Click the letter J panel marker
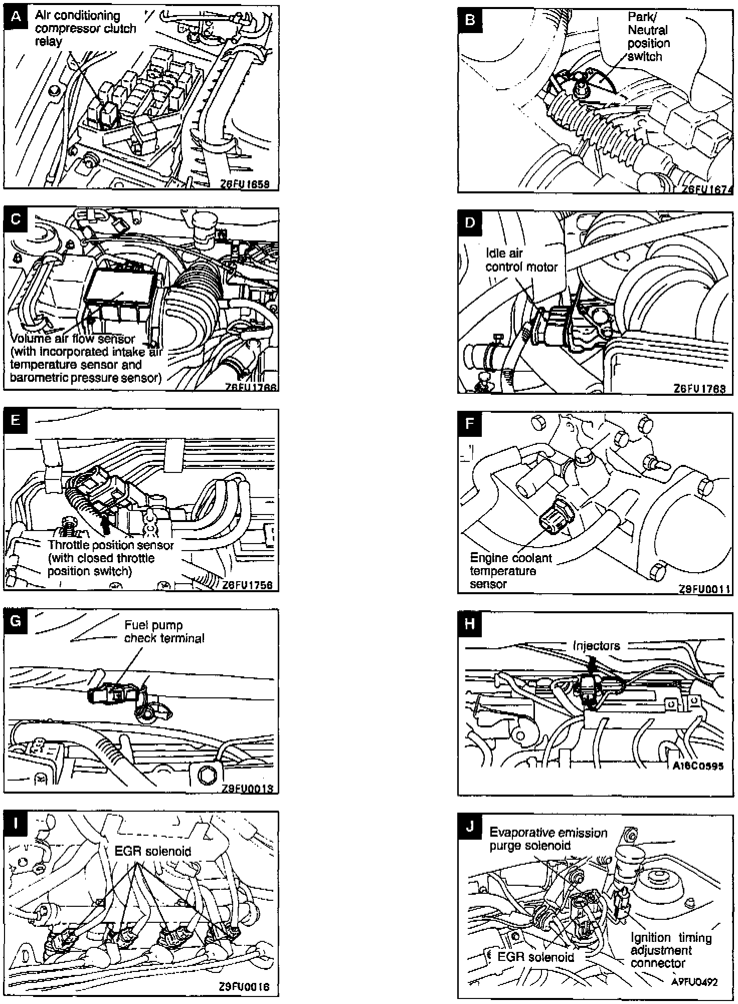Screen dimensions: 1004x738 470,826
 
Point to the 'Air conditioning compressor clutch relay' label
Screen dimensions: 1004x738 85,29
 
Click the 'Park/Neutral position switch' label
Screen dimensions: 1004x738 648,37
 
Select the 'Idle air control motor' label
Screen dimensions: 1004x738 521,260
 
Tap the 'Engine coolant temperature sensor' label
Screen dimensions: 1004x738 510,571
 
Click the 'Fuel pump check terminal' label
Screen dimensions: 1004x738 164,631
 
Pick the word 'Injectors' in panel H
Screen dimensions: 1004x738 596,646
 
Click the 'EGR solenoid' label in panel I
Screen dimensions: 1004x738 152,851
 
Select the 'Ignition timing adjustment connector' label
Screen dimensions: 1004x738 671,950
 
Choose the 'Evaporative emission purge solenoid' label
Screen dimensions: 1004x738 548,839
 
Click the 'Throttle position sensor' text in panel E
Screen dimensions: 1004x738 110,545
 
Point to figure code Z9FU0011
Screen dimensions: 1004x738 704,589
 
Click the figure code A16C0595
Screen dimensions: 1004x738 698,766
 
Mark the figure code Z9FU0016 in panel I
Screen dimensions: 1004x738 244,987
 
